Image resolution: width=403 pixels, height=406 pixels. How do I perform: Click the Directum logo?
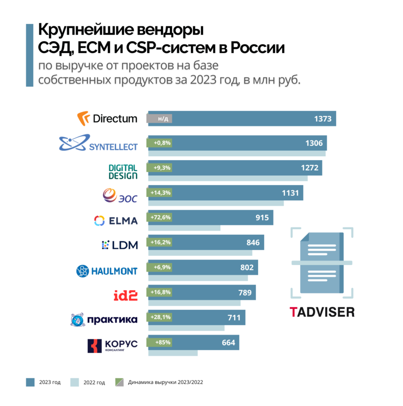pyautogui.click(x=107, y=118)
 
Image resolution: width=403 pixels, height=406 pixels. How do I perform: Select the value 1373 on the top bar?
pyautogui.click(x=323, y=119)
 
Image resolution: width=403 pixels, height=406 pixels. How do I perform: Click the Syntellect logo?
pyautogui.click(x=98, y=143)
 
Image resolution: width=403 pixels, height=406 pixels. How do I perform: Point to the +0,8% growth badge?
pyautogui.click(x=162, y=143)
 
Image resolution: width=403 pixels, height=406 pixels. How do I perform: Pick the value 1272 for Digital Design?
pyautogui.click(x=309, y=168)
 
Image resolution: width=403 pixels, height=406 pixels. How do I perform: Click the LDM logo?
pyautogui.click(x=120, y=245)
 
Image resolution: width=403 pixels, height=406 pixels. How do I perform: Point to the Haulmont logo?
pyautogui.click(x=107, y=271)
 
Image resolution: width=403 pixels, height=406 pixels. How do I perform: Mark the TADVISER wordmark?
pyautogui.click(x=322, y=312)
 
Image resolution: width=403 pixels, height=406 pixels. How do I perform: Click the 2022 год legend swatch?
pyautogui.click(x=74, y=382)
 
